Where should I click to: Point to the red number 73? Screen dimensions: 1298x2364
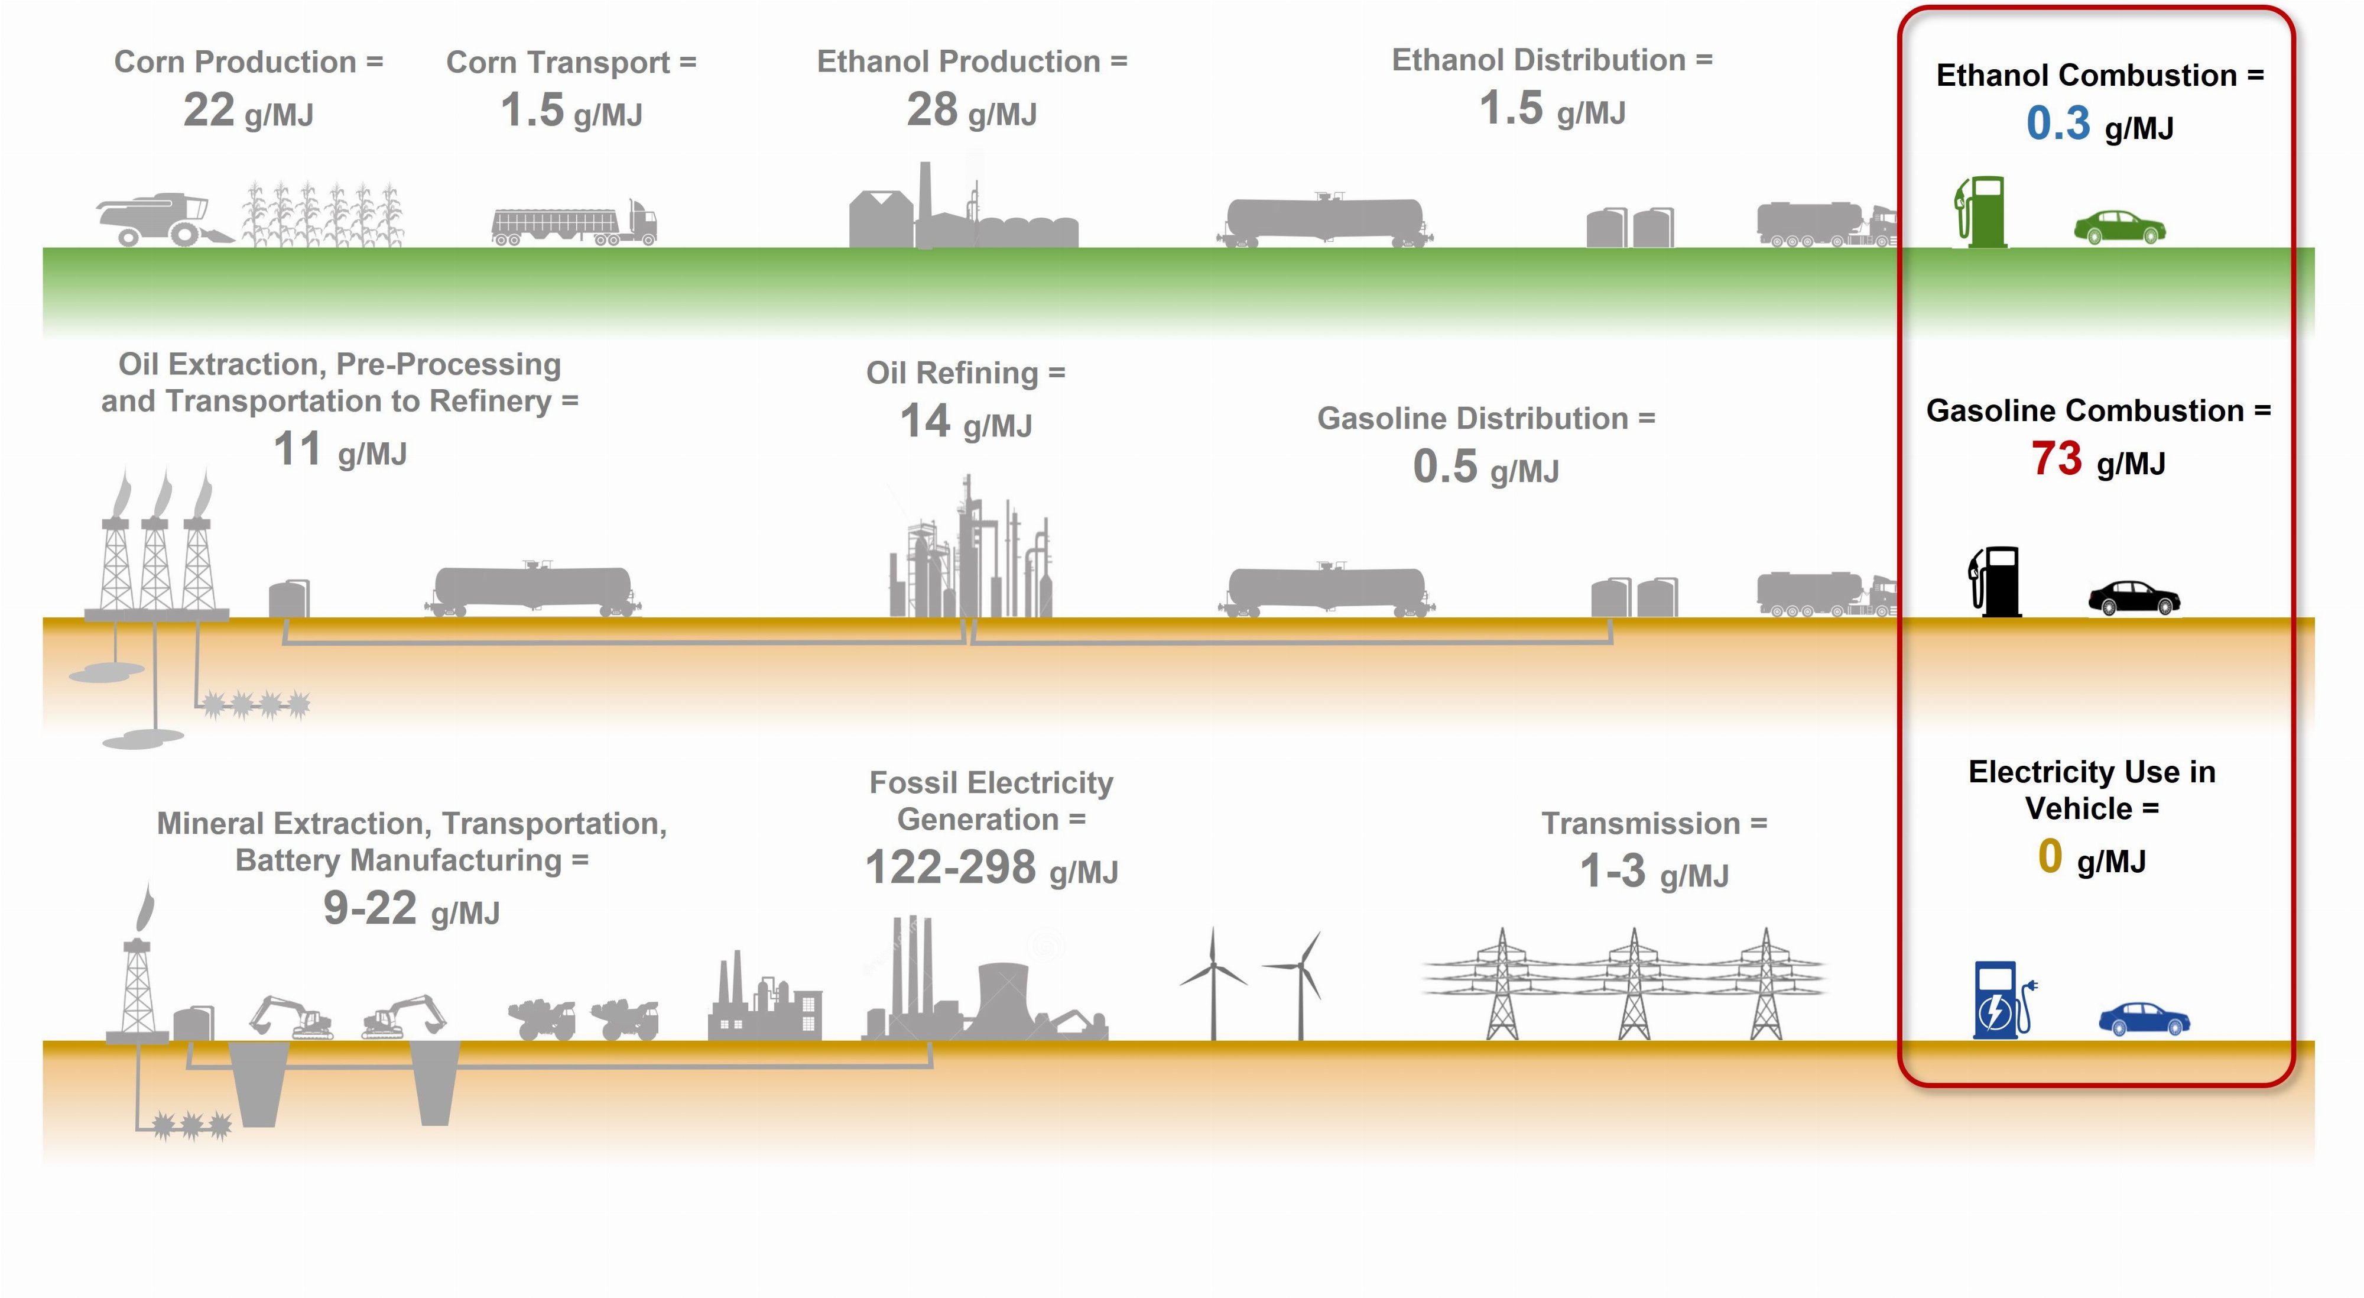(2055, 459)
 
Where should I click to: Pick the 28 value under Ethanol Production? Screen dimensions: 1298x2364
(931, 110)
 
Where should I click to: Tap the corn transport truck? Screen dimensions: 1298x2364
(573, 223)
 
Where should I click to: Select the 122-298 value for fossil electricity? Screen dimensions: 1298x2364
(950, 868)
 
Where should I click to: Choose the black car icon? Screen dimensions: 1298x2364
(2134, 598)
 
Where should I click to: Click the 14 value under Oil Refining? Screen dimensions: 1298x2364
(924, 422)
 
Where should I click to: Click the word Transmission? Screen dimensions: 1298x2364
(1640, 823)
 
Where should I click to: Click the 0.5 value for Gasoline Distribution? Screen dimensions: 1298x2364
(1444, 467)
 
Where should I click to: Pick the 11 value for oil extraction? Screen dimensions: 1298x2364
(297, 450)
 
